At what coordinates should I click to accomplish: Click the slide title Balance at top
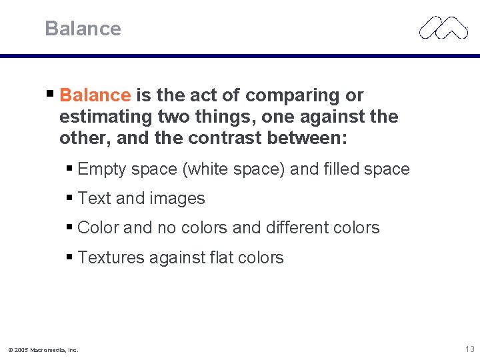coord(83,29)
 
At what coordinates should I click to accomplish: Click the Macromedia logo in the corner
coord(443,27)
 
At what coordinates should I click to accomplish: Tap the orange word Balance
coord(95,95)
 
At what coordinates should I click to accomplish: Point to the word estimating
coord(106,117)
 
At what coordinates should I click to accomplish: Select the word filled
coord(341,169)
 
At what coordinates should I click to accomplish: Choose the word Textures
coord(111,257)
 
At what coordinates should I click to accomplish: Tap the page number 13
coord(470,349)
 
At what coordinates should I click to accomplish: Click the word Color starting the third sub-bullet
coord(99,228)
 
